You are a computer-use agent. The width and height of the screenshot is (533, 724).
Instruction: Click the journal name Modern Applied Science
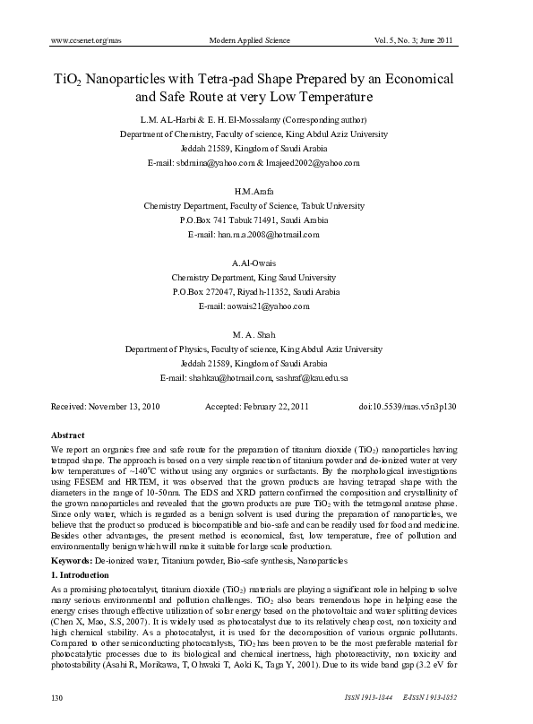pos(254,41)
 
